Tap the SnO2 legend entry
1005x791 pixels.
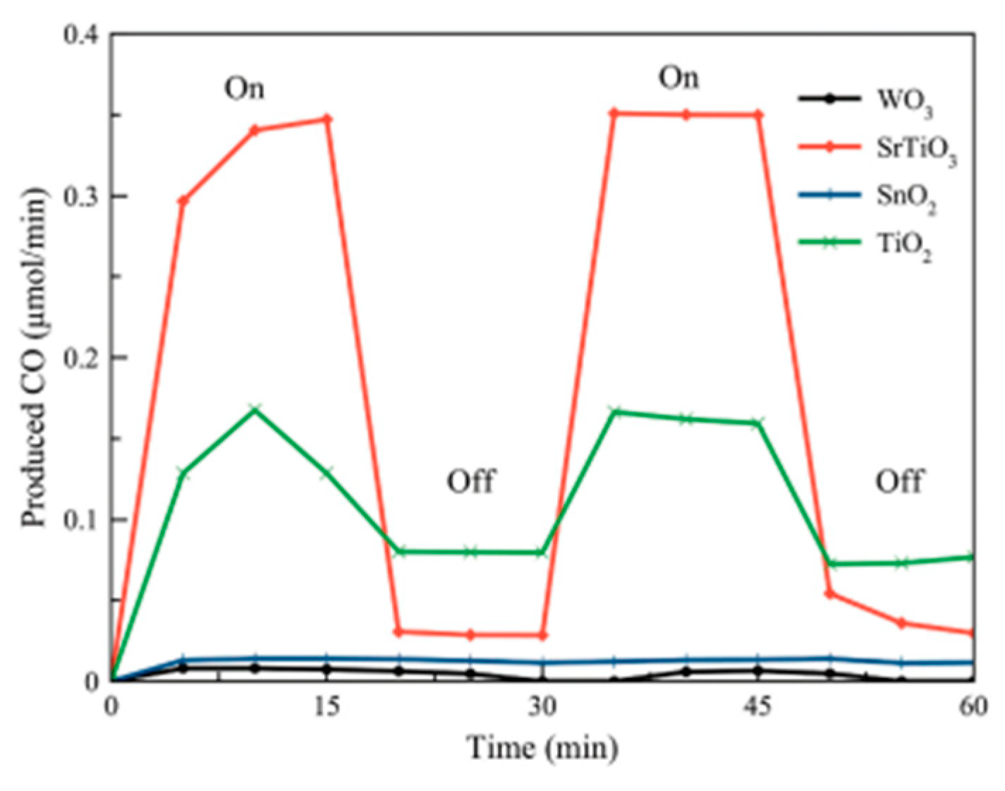906,198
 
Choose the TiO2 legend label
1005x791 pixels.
903,246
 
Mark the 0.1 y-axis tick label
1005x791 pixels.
82,519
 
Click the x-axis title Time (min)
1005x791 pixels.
542,747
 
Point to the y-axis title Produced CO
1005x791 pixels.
34,358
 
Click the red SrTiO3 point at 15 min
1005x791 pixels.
327,119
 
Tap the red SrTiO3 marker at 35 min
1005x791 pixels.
614,113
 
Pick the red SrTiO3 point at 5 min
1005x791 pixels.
183,200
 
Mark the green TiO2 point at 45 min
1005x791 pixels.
757,423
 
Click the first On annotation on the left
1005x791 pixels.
244,89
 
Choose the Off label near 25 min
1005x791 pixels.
470,481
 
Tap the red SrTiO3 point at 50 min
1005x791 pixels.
829,594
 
